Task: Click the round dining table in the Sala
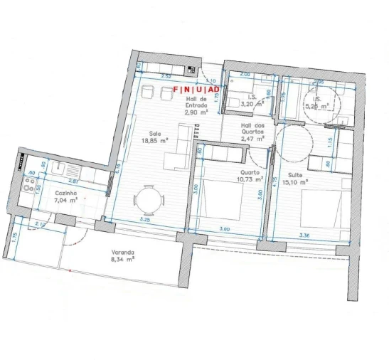coord(149,200)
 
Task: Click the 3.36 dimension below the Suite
coord(306,235)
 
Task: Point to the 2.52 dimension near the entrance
coord(166,75)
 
